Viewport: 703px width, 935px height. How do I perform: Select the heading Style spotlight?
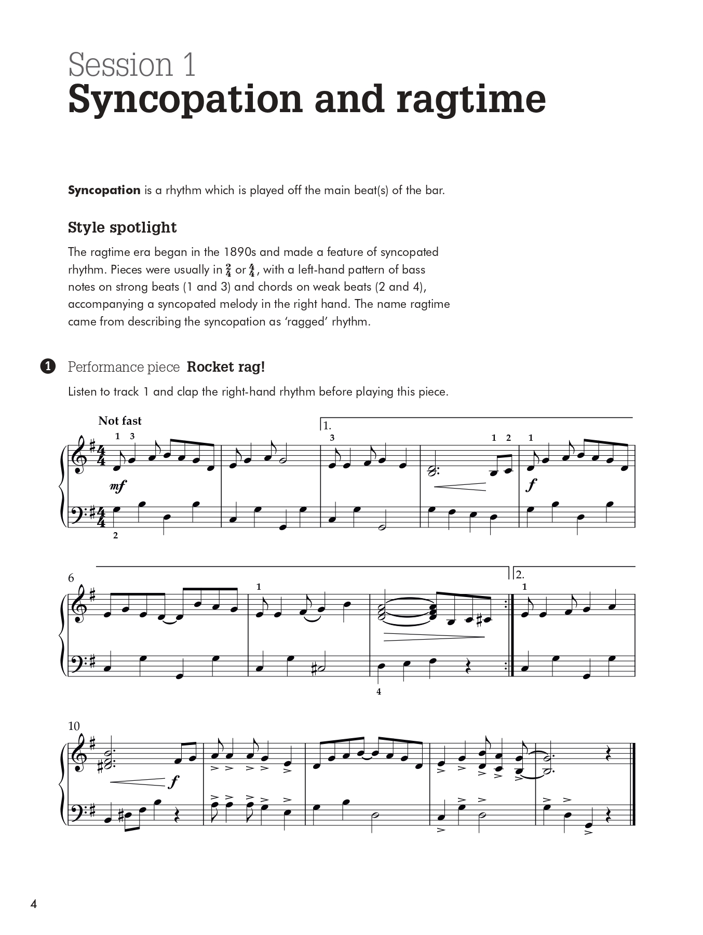122,227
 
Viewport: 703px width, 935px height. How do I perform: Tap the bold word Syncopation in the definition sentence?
104,190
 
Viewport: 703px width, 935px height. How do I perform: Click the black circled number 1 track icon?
47,367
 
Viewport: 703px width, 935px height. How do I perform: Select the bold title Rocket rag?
225,367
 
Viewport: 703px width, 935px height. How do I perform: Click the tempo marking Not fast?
120,421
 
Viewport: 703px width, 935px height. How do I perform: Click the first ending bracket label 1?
327,426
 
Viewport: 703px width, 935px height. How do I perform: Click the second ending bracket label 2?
520,575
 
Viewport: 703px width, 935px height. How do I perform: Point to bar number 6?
71,578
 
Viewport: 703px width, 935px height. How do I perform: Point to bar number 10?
74,726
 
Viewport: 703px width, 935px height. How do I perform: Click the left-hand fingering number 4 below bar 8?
378,692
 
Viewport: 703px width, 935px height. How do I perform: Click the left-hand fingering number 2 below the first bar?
115,535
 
